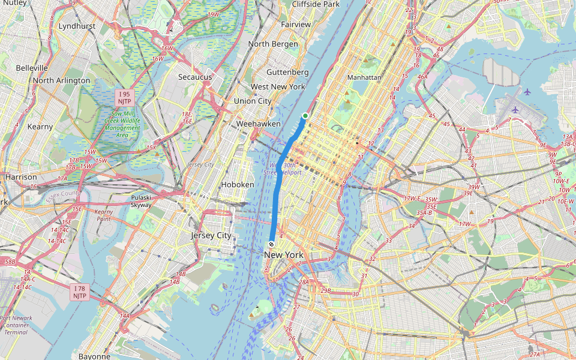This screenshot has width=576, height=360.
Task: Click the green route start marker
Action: pyautogui.click(x=305, y=116)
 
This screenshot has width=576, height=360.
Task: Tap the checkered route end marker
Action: pyautogui.click(x=272, y=244)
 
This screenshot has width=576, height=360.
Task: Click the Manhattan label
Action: pyautogui.click(x=364, y=77)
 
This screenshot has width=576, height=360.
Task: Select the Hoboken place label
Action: pyautogui.click(x=238, y=184)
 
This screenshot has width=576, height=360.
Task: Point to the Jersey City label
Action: pyautogui.click(x=211, y=235)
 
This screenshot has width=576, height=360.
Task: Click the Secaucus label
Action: pyautogui.click(x=195, y=77)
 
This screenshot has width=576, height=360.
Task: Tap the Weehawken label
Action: pyautogui.click(x=259, y=123)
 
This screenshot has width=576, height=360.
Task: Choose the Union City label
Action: pyautogui.click(x=253, y=101)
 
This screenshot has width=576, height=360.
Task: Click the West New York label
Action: pyautogui.click(x=278, y=86)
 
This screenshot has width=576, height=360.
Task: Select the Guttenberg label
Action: pyautogui.click(x=287, y=71)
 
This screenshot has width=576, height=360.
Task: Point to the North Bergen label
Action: pyautogui.click(x=273, y=44)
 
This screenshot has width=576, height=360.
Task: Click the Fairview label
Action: pyautogui.click(x=296, y=25)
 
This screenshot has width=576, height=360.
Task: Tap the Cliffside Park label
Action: pyautogui.click(x=316, y=4)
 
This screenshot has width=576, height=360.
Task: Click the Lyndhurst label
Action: pyautogui.click(x=77, y=26)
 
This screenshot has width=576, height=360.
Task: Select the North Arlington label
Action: pyautogui.click(x=62, y=80)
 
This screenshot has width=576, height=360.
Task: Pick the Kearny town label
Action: pyautogui.click(x=40, y=127)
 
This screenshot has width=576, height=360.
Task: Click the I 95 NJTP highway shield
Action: pyautogui.click(x=125, y=98)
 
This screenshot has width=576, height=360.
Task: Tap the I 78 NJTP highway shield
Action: pyautogui.click(x=80, y=292)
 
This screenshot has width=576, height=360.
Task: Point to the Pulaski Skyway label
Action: pyautogui.click(x=141, y=200)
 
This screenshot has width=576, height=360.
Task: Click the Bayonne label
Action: pyautogui.click(x=94, y=356)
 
